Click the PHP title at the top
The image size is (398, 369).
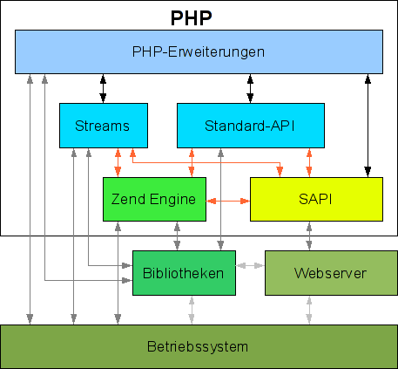coord(191,18)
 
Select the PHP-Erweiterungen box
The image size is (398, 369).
coord(199,51)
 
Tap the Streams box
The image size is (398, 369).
coord(104,126)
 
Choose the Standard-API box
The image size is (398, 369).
coord(251,126)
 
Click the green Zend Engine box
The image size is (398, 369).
coord(154,199)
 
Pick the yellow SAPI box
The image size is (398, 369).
coord(316,199)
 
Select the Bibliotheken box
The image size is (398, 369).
coord(184,273)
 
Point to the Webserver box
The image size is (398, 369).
coord(331,273)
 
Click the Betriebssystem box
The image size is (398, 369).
coord(199,346)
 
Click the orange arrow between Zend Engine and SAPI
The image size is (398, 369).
coord(228,201)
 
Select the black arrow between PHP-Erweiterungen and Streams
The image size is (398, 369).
coord(103,88)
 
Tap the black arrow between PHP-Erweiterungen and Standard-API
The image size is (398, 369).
coord(250,88)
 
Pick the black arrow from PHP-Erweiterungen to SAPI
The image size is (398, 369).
coord(368,126)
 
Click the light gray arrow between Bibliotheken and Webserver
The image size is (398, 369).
coord(250,265)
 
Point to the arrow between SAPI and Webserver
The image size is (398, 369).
coord(309,236)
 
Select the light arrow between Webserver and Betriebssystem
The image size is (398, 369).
coord(309,310)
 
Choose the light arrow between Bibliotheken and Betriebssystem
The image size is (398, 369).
coord(192,310)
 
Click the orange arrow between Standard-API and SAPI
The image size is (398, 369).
coord(309,162)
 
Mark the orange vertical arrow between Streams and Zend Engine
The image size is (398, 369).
coord(118,162)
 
